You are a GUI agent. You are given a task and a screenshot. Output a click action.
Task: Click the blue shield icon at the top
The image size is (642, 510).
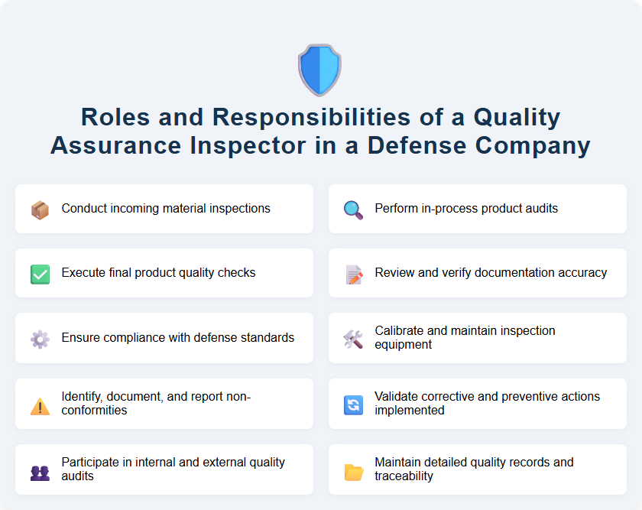[x=319, y=70]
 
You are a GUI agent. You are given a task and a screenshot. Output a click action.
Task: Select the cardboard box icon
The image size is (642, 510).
[x=40, y=209]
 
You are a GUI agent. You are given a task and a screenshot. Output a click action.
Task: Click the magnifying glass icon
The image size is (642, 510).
[x=353, y=209]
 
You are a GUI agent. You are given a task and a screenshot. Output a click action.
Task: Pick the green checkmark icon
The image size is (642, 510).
[x=40, y=274]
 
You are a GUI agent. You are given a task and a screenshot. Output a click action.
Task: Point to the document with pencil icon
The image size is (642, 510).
[x=353, y=274]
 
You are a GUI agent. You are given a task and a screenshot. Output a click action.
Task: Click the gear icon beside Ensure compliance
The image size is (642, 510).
[x=40, y=339]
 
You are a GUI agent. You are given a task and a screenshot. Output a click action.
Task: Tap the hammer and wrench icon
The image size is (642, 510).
[x=353, y=339]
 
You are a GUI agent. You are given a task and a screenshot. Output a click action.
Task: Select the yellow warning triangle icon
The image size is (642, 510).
[x=40, y=404]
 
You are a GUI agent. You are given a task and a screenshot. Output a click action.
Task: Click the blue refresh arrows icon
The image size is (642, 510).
[x=353, y=404]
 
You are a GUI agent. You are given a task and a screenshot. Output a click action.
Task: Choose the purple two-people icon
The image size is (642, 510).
[x=40, y=470]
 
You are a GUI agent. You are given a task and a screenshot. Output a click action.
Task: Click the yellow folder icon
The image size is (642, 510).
[x=353, y=470]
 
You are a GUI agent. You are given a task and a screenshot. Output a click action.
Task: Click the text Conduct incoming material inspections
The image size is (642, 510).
[x=166, y=209]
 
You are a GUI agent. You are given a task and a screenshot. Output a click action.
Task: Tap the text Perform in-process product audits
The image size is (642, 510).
[x=466, y=209]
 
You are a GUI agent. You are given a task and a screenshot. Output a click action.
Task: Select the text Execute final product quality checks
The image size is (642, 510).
[x=158, y=273]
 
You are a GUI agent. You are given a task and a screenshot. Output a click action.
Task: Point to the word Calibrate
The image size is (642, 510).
[x=400, y=331]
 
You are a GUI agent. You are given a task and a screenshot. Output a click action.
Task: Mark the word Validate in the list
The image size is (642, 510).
[x=397, y=397]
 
